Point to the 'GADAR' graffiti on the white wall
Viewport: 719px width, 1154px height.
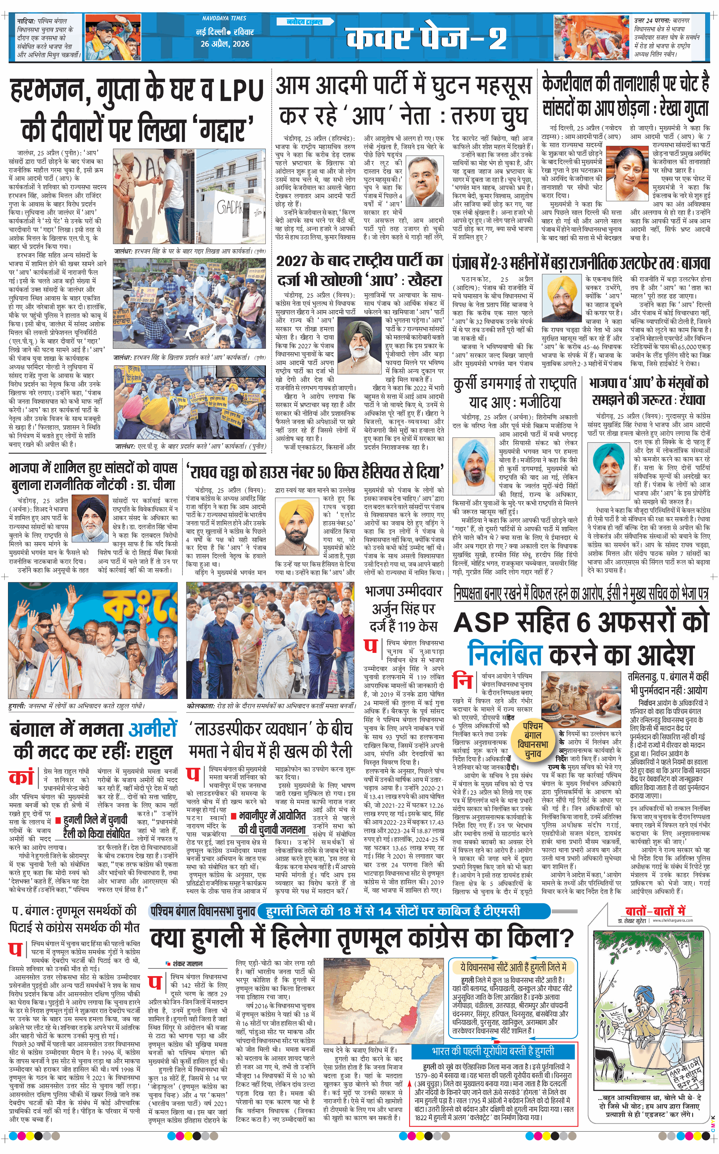(x=230, y=207)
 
